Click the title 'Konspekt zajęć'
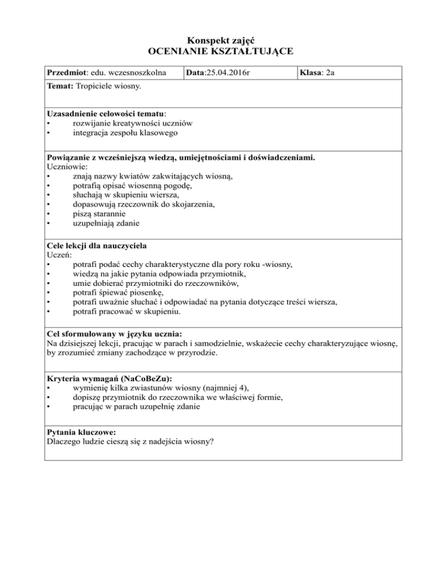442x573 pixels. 221,41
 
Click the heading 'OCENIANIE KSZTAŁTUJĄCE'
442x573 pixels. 221,52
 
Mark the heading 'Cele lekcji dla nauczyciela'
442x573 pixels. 96,246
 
